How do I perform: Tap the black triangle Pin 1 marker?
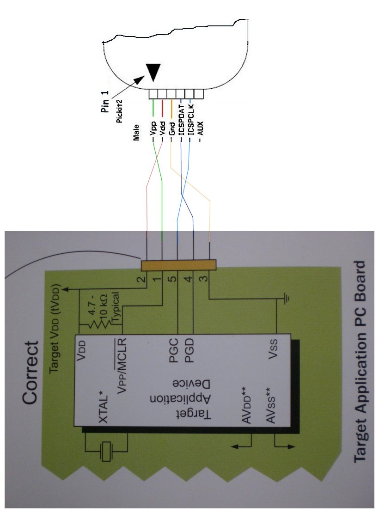pos(153,72)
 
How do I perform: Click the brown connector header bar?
pos(178,265)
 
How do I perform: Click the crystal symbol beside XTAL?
pos(107,451)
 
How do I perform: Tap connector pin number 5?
pos(172,280)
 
